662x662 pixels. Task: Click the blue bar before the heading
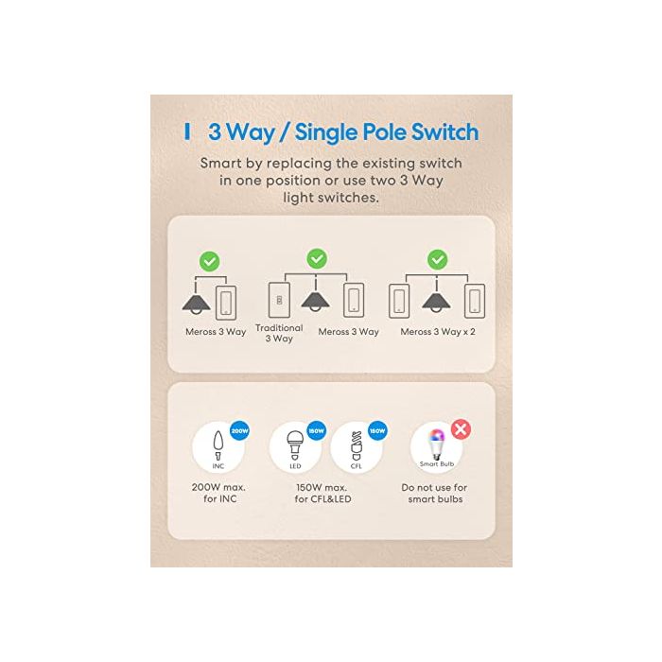[x=187, y=131]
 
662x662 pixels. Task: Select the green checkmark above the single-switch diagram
[x=209, y=261]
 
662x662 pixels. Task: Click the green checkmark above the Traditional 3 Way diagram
[x=317, y=259]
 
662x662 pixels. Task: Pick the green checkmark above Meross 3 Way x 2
[x=437, y=260]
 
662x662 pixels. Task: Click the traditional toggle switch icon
[x=279, y=300]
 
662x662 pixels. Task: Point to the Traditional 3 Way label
[x=279, y=333]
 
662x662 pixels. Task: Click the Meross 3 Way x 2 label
[x=438, y=332]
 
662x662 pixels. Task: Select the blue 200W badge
[x=239, y=431]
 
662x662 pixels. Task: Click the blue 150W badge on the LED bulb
[x=316, y=431]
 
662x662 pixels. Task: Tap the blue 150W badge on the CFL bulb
[x=377, y=431]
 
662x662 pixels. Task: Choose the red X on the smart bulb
[x=462, y=429]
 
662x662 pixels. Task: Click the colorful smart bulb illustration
[x=436, y=444]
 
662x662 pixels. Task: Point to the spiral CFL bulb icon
[x=357, y=446]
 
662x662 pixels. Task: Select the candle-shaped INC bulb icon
[x=218, y=445]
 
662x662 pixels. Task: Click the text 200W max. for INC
[x=218, y=493]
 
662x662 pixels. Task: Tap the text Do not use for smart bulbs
[x=434, y=493]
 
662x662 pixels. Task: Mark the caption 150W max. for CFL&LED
[x=322, y=493]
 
